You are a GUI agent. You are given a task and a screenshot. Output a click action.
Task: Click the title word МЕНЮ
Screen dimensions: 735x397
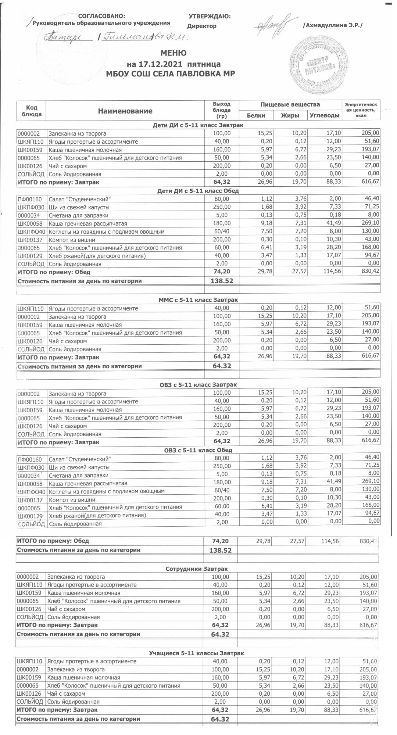[173, 53]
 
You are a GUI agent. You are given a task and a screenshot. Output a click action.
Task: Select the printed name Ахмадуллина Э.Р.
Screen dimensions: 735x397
[332, 25]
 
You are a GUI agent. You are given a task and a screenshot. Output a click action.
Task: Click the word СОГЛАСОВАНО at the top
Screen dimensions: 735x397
[101, 16]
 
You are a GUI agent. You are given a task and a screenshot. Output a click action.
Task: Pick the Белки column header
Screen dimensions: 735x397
[256, 115]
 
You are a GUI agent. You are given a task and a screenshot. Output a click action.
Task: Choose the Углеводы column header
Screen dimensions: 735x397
[324, 115]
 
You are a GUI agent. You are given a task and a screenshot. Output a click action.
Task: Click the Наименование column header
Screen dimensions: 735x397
[125, 111]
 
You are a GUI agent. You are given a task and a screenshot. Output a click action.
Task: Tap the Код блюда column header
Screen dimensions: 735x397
[32, 111]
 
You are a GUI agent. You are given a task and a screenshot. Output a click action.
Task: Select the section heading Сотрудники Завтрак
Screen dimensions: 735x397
[197, 569]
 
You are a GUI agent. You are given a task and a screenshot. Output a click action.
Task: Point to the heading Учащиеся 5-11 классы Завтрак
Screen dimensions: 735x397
[196, 653]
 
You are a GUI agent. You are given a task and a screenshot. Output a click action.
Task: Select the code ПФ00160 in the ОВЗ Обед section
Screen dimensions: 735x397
[32, 459]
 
